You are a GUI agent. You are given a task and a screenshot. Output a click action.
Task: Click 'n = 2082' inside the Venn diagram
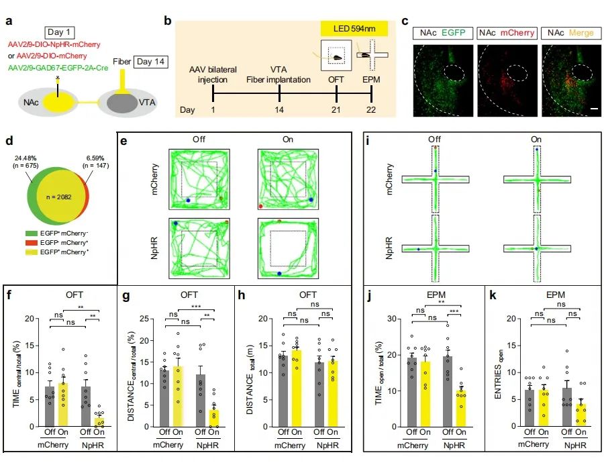(x=56, y=198)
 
